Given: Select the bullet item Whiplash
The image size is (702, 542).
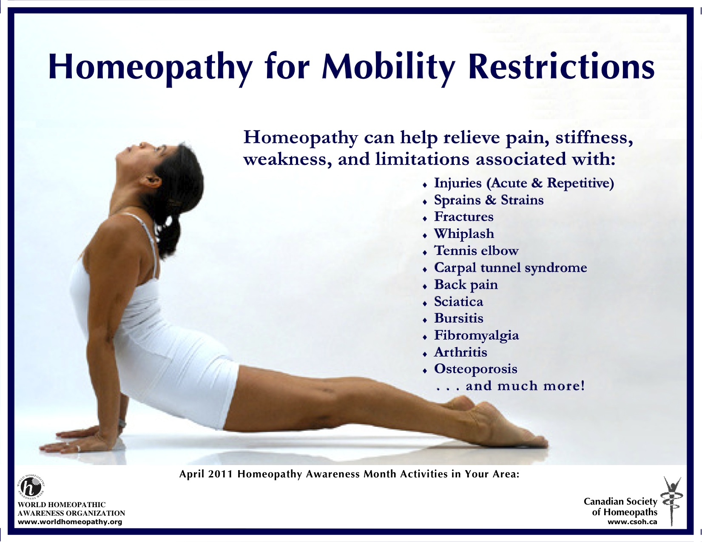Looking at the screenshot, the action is (464, 233).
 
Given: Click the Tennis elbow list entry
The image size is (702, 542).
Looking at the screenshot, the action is (476, 250).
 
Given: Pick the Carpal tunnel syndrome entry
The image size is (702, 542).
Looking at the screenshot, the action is (510, 268).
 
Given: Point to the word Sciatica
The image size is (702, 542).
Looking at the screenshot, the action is (458, 301).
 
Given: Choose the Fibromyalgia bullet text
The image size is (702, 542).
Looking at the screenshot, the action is (476, 335).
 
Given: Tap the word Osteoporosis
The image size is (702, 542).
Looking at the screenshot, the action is (475, 369).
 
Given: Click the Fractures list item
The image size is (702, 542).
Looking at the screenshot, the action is (463, 216).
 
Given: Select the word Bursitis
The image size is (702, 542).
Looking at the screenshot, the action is (458, 318).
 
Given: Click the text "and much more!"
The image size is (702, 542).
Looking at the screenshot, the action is (525, 386).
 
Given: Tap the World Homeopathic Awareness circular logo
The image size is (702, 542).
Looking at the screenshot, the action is (31, 487).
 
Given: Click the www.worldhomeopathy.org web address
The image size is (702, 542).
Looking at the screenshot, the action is (70, 522).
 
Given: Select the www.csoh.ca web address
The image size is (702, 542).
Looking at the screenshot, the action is (633, 522).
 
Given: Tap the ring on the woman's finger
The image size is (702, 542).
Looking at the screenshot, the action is (78, 448).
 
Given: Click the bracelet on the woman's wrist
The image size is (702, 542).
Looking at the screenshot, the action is (122, 423).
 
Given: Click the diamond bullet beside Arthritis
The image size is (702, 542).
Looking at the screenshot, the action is (425, 355).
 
